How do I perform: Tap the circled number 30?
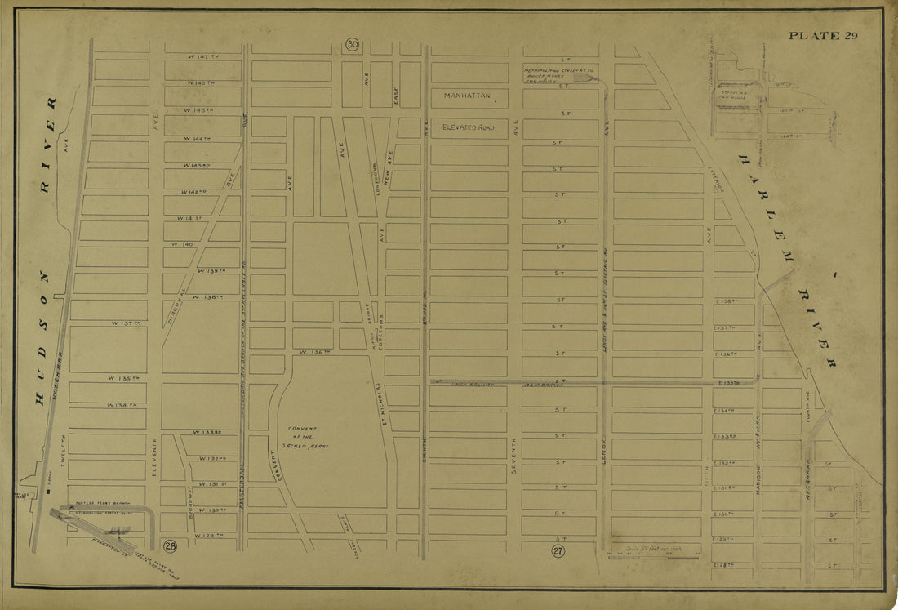coord(352,44)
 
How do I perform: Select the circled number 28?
coord(170,545)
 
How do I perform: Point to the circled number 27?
coord(558,551)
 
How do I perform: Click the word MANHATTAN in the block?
coord(468,96)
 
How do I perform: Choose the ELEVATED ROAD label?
coord(469,127)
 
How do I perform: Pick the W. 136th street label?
coord(313,352)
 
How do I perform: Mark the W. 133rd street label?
coord(208,431)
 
